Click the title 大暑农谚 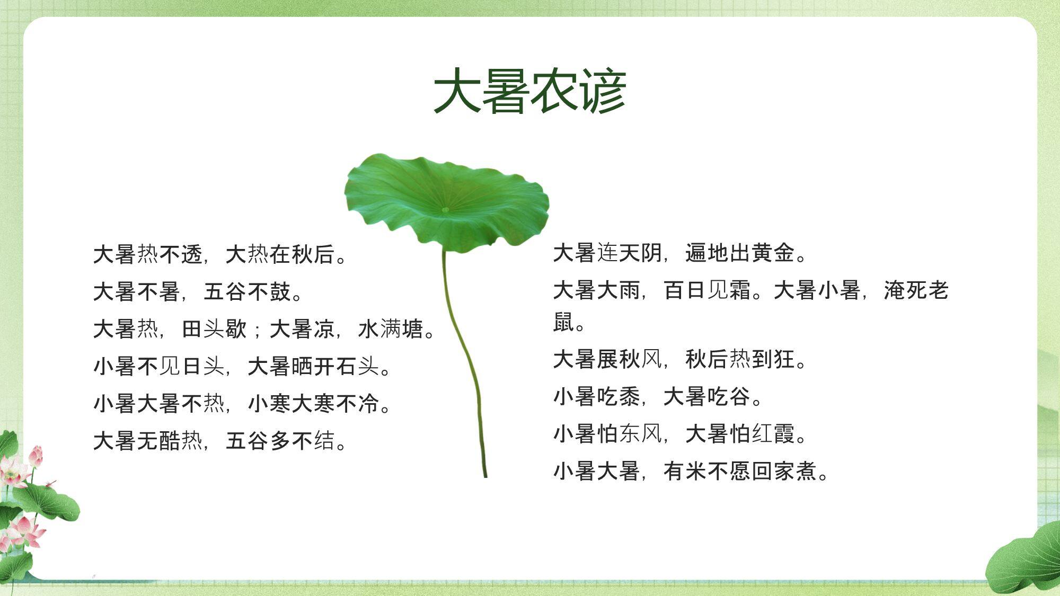(530, 91)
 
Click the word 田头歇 (214, 329)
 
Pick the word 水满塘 (391, 329)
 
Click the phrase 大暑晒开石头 (313, 366)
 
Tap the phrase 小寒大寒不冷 (313, 403)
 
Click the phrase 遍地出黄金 (740, 253)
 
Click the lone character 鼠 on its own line (563, 322)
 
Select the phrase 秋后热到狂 (740, 359)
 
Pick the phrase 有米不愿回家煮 (740, 470)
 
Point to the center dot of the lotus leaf (445, 210)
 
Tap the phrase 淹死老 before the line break (916, 290)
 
